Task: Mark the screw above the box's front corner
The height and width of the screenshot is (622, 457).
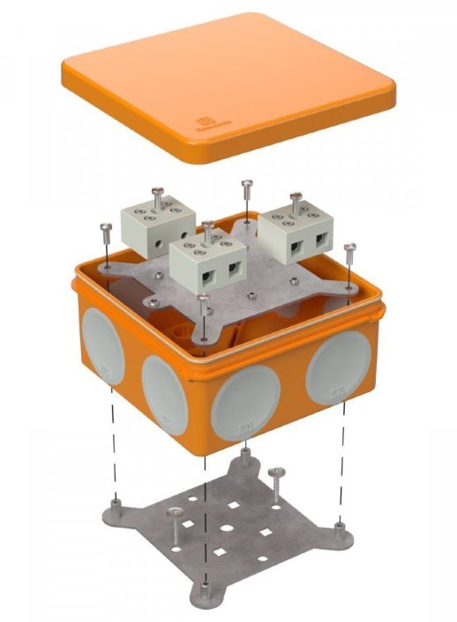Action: pos(205,300)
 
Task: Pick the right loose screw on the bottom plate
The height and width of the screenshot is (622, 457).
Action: pos(277,478)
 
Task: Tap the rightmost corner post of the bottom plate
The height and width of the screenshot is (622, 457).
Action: pos(340,527)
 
